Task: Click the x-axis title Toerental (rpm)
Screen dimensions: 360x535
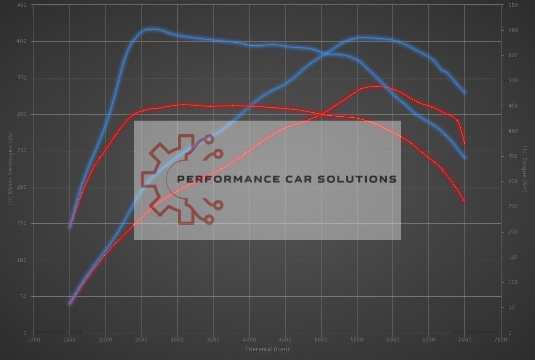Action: (267, 349)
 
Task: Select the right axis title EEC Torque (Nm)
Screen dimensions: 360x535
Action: (524, 169)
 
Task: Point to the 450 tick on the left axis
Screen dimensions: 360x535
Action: (22, 5)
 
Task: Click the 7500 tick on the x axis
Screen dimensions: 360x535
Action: (500, 340)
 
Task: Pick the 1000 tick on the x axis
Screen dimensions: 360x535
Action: (34, 340)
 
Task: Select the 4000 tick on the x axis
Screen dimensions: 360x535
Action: (249, 340)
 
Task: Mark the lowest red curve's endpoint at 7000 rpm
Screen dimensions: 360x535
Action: (464, 200)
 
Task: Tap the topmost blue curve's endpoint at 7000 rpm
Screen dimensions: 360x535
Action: (464, 92)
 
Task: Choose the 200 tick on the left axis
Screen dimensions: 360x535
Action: (22, 187)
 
